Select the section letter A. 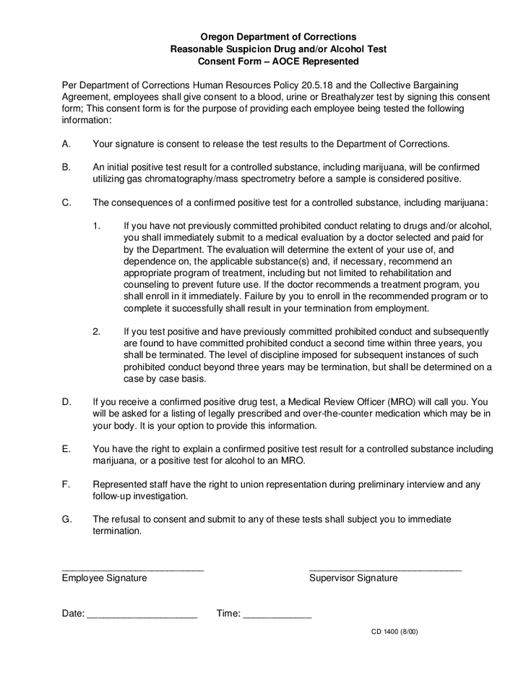[x=66, y=144]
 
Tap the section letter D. [x=66, y=401]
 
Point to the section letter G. [x=66, y=519]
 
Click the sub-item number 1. [x=97, y=226]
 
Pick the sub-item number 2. [x=97, y=332]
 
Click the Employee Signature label [x=104, y=578]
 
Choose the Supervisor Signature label [x=353, y=578]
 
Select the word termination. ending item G [x=118, y=531]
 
